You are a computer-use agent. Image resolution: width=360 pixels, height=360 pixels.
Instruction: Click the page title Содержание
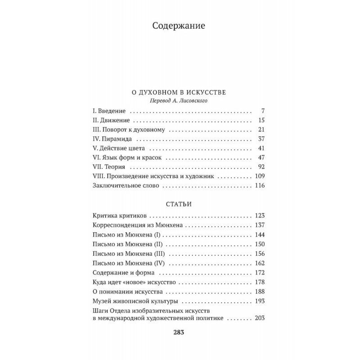[179, 26]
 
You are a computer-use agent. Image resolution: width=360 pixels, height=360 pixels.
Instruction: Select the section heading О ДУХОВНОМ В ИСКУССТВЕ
[179, 92]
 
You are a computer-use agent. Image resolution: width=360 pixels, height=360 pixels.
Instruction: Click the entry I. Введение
[109, 111]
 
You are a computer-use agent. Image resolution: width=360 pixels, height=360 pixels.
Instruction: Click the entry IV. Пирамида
[112, 139]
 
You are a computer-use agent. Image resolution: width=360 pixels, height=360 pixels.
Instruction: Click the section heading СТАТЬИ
[179, 204]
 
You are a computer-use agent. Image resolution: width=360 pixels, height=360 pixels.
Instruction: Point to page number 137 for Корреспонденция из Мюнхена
[261, 225]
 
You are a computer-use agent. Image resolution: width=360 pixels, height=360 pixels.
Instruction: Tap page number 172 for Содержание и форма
[261, 273]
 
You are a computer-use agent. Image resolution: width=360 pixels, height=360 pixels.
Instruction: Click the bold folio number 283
[179, 333]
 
